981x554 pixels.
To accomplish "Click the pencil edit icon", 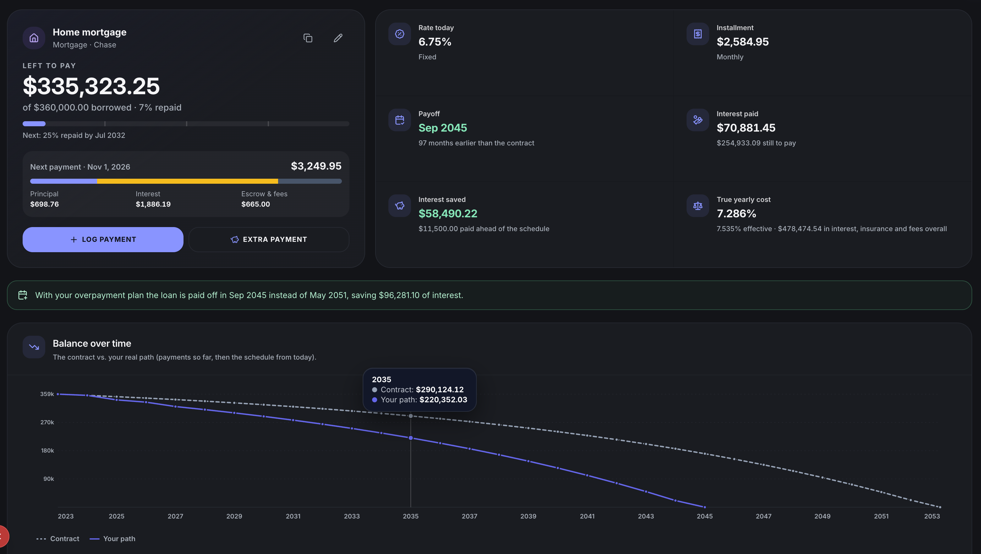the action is tap(338, 38).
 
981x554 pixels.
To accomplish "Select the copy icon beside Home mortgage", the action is tap(308, 38).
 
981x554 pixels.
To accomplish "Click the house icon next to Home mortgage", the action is tap(34, 38).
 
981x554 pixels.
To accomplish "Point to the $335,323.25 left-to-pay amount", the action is tap(91, 86).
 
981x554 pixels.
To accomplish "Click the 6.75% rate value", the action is tap(435, 42).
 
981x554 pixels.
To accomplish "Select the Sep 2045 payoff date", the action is tap(442, 128).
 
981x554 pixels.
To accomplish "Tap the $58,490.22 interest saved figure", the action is tap(448, 214).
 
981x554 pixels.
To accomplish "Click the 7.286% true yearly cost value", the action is tap(737, 214).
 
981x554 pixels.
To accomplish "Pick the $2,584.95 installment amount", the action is tap(743, 42).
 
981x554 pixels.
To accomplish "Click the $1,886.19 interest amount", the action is tap(153, 204).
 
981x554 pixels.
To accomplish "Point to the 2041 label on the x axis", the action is tap(587, 516).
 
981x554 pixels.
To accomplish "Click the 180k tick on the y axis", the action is tap(47, 450).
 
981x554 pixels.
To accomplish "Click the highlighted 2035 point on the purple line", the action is tap(410, 438).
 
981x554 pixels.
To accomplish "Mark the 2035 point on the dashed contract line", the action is tap(410, 416).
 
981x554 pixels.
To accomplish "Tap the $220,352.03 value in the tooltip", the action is tap(443, 400).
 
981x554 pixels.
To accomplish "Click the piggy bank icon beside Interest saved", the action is tap(399, 206).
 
